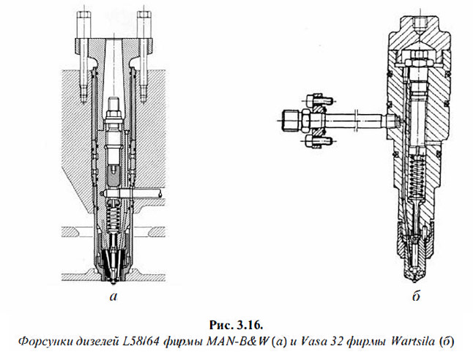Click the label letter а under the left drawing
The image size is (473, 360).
tap(112, 296)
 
